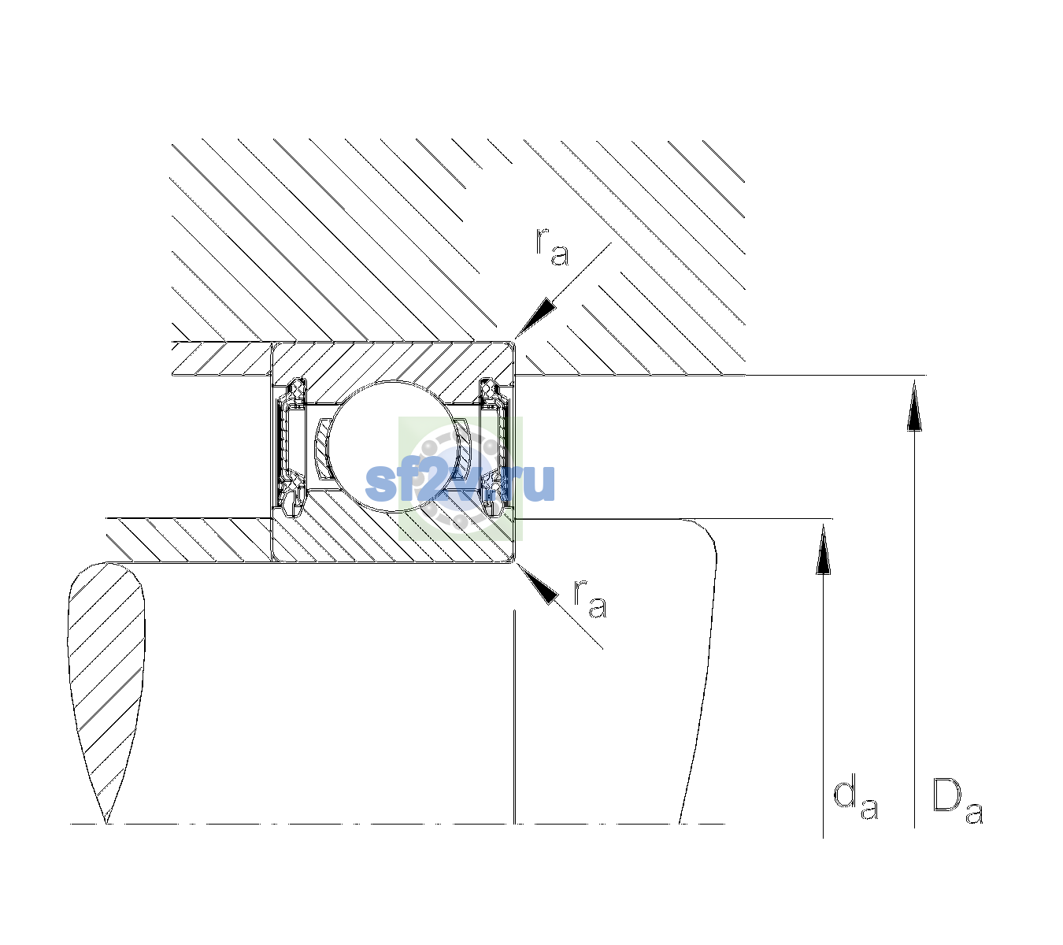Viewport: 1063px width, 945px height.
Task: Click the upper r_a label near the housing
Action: (551, 247)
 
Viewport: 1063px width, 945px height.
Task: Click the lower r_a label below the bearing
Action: (590, 598)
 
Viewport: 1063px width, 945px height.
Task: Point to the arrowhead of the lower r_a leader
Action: (536, 584)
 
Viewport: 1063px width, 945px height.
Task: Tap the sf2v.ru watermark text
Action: (460, 482)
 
